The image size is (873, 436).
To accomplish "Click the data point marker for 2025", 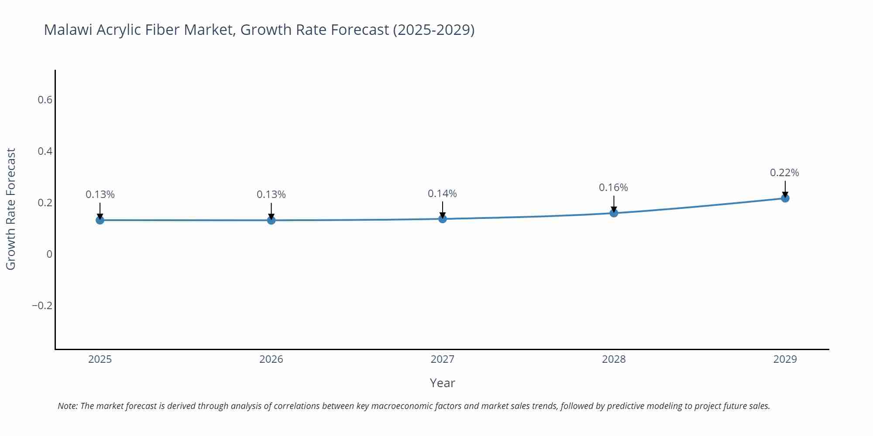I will [x=100, y=220].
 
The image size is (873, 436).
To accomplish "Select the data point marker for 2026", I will [x=271, y=220].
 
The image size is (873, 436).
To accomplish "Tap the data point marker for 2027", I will [x=443, y=218].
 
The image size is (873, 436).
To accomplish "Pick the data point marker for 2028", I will [x=614, y=213].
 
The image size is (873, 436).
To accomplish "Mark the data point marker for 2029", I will [x=785, y=198].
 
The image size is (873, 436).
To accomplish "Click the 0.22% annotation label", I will [x=784, y=173].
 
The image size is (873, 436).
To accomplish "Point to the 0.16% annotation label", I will [x=613, y=187].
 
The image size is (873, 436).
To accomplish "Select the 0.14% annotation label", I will [x=442, y=194].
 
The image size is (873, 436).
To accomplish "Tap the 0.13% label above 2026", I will [x=271, y=194].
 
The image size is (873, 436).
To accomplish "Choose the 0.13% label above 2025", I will [x=100, y=194].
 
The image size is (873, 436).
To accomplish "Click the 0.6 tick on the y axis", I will [x=45, y=100].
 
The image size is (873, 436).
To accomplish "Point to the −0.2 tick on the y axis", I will [x=42, y=306].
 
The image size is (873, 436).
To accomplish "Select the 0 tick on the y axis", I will [x=49, y=254].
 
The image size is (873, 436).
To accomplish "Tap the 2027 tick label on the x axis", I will [x=442, y=359].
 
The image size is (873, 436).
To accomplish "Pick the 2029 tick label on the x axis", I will [x=785, y=359].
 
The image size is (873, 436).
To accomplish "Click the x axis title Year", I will [x=442, y=383].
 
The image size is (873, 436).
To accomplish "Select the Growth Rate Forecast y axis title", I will [x=11, y=209].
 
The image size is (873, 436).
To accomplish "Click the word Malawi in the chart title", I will [x=68, y=30].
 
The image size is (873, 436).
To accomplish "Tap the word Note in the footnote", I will [x=67, y=406].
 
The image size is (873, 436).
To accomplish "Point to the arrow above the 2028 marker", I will [x=614, y=204].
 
